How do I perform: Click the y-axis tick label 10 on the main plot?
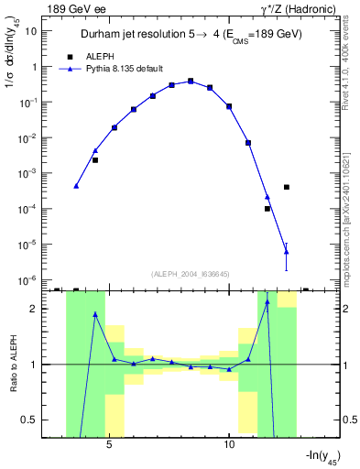click(31, 30)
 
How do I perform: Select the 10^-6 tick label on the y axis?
click(29, 279)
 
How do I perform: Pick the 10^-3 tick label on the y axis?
click(29, 173)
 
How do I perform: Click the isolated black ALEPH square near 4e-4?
click(287, 187)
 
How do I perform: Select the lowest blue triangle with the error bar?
click(287, 251)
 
